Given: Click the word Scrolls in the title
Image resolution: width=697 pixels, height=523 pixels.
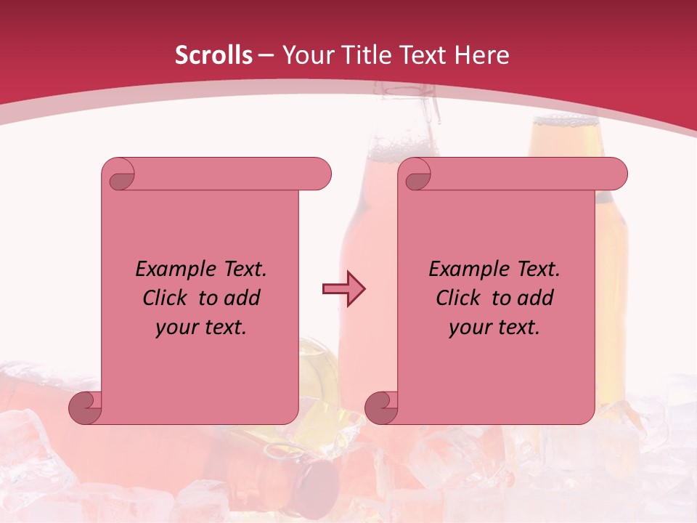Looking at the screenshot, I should (213, 55).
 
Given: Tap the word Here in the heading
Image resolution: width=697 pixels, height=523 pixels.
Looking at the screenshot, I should (482, 55).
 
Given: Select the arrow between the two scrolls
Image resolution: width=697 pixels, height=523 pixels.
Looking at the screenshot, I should (343, 289).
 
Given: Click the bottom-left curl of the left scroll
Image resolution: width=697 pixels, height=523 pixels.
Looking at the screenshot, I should (86, 408).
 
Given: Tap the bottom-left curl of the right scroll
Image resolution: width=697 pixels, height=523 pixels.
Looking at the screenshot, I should (381, 408).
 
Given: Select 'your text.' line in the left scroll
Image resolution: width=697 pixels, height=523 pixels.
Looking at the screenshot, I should (201, 328).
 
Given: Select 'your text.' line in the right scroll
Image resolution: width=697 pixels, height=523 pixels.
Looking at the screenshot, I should (494, 328).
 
